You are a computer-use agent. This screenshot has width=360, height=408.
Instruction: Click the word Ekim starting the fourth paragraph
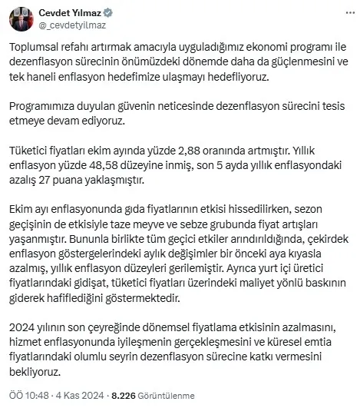click(x=28, y=210)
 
